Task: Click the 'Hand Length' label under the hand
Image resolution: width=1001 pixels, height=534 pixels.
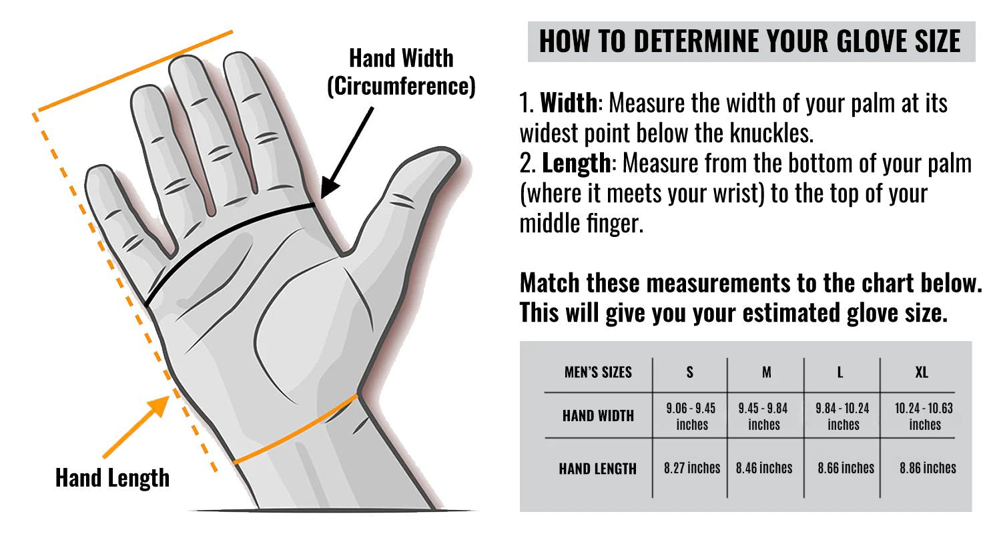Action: [112, 478]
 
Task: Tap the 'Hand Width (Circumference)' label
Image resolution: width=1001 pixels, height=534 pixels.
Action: [401, 72]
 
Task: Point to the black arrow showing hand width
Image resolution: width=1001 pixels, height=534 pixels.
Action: [347, 153]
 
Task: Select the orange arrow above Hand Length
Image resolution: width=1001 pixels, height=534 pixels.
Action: [136, 427]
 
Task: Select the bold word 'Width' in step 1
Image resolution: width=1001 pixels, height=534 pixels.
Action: [569, 103]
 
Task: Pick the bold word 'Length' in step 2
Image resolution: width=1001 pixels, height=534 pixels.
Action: [577, 164]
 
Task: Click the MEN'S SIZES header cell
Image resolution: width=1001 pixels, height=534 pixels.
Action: [598, 372]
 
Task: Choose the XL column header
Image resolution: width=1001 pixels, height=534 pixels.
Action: [922, 372]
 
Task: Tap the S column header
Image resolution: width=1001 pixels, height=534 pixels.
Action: [690, 372]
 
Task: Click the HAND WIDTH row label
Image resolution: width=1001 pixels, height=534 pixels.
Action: [598, 416]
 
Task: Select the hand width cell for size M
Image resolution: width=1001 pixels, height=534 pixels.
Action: [763, 416]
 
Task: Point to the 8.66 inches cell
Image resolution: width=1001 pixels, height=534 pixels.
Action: [846, 468]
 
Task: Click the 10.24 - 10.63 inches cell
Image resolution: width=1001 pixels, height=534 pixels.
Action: [924, 416]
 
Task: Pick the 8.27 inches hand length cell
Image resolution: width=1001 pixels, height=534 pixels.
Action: [692, 468]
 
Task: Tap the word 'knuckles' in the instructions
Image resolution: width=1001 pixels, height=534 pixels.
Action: [771, 133]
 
